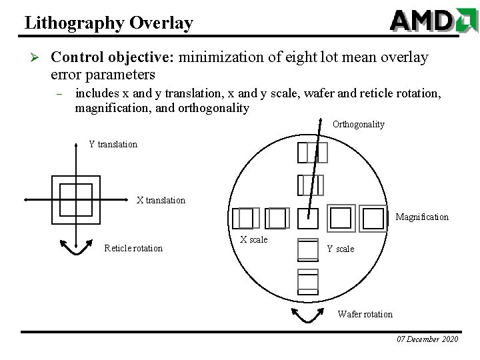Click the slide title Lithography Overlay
coord(109,23)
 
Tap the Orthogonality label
coord(358,124)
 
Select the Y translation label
coord(113,144)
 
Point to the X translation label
coord(161,200)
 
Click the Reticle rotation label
coord(133,249)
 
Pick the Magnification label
coord(422,217)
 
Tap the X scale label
coord(253,239)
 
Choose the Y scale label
coord(341,249)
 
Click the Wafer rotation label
coord(365,314)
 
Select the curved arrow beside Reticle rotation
coord(75,249)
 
